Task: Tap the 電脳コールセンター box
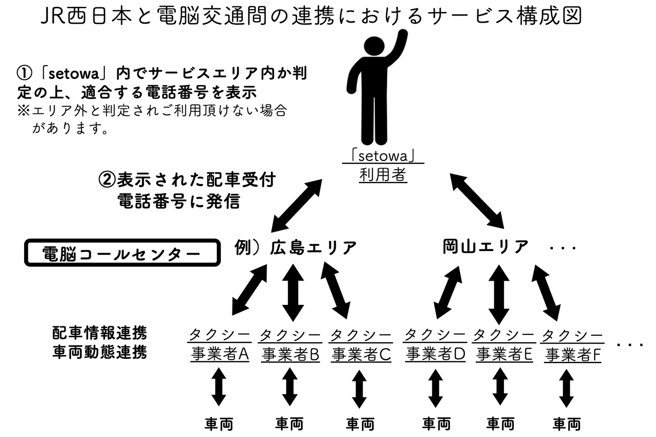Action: [x=122, y=253]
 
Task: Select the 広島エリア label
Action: [x=313, y=247]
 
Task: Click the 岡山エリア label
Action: [x=486, y=247]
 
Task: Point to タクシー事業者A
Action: [x=220, y=345]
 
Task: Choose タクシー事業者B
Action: [x=290, y=345]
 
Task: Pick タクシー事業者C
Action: [x=361, y=345]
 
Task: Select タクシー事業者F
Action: [x=573, y=345]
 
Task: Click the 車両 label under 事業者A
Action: [x=219, y=424]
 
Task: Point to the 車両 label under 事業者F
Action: [x=567, y=424]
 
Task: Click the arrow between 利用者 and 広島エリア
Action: [x=297, y=205]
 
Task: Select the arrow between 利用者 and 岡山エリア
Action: [x=477, y=201]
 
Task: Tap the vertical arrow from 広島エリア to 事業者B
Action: [x=292, y=292]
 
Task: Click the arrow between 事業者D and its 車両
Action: [x=436, y=388]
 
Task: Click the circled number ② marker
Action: [x=107, y=179]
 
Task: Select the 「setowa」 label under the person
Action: [x=383, y=156]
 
